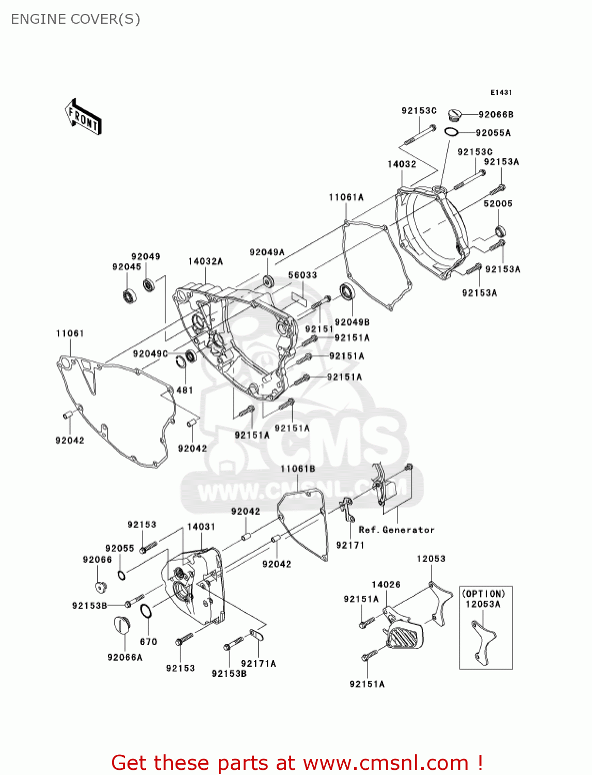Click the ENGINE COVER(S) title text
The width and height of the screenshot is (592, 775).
point(75,19)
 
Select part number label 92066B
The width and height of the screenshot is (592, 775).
point(495,115)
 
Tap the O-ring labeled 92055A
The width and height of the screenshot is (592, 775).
point(451,132)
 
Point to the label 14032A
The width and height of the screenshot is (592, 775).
point(205,261)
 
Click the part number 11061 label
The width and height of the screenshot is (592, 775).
point(70,333)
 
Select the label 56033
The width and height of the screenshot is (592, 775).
point(302,275)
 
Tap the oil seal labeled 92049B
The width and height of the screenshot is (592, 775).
point(347,292)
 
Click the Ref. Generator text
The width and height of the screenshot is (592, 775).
point(396,530)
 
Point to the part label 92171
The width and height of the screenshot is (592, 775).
point(350,545)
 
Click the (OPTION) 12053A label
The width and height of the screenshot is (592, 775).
point(483,599)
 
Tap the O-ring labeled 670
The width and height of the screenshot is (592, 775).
point(146,611)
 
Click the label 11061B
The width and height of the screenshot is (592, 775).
point(298,469)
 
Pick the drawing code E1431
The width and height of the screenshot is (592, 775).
point(501,92)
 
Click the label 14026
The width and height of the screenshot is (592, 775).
point(386,584)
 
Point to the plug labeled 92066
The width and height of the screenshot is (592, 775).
point(100,587)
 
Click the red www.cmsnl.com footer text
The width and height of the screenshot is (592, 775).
point(297,763)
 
